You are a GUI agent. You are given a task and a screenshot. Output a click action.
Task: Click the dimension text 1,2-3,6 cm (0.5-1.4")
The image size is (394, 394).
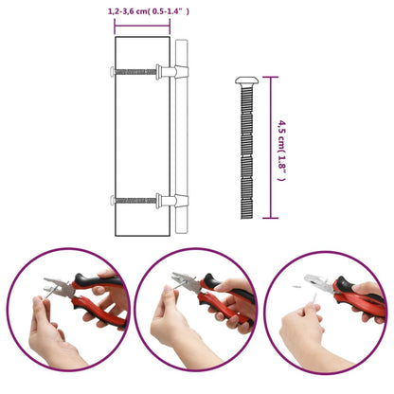click(149, 11)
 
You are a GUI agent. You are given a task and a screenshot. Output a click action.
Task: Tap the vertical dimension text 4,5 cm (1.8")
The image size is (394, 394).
click(281, 150)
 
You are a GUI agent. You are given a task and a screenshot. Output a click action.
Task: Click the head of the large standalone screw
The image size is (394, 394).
click(247, 81)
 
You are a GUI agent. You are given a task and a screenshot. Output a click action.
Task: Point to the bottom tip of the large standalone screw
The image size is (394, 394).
click(246, 218)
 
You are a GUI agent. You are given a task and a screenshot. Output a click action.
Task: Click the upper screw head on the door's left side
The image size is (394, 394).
click(112, 72)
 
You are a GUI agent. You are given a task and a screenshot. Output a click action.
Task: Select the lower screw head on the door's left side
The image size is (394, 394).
click(112, 200)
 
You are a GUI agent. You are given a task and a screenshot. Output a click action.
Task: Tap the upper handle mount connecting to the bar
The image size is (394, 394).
click(172, 72)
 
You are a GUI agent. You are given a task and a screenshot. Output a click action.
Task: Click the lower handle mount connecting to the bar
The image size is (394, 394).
click(172, 201)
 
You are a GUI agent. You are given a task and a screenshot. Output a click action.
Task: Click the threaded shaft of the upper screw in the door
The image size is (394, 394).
click(135, 72)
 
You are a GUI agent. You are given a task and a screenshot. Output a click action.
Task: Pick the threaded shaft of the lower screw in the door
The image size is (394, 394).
click(135, 200)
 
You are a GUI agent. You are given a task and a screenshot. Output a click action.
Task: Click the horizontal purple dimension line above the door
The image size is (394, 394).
click(142, 27)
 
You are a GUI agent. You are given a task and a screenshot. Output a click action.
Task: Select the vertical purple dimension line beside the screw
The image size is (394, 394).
click(271, 148)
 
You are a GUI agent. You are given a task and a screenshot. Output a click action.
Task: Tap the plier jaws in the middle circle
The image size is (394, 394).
click(187, 281)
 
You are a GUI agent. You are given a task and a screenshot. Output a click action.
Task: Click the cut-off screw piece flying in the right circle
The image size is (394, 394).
click(297, 287)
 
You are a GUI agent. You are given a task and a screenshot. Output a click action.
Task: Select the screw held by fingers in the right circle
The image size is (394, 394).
click(314, 298)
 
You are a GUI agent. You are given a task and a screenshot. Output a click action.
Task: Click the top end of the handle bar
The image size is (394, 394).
click(181, 41)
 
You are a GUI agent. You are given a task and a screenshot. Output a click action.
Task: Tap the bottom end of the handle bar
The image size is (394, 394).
click(181, 232)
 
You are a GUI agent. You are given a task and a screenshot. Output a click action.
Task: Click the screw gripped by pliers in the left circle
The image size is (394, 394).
click(49, 293)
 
